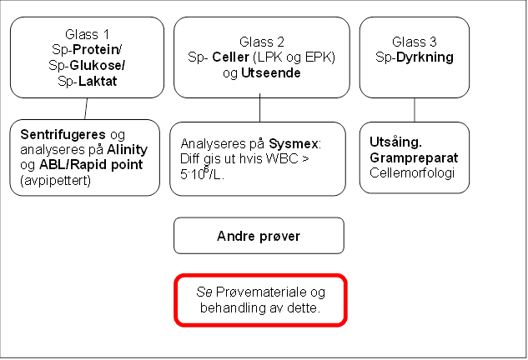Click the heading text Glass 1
pos(88,34)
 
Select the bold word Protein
pos(95,49)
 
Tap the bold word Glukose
pos(96,65)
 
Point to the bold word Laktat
pos(98,81)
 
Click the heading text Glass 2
pos(262,42)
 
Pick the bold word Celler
pos(231,57)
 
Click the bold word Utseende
pos(271,73)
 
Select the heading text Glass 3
pos(415,42)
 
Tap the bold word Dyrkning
pos(425,57)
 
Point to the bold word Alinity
pos(128,150)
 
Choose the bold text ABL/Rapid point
pos(91,165)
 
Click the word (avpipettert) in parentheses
pos(56,181)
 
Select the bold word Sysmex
pos(294,144)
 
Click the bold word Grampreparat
pos(414,157)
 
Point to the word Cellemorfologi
pos(412,173)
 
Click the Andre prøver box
pos(259,236)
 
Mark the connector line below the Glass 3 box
pos(415,110)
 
